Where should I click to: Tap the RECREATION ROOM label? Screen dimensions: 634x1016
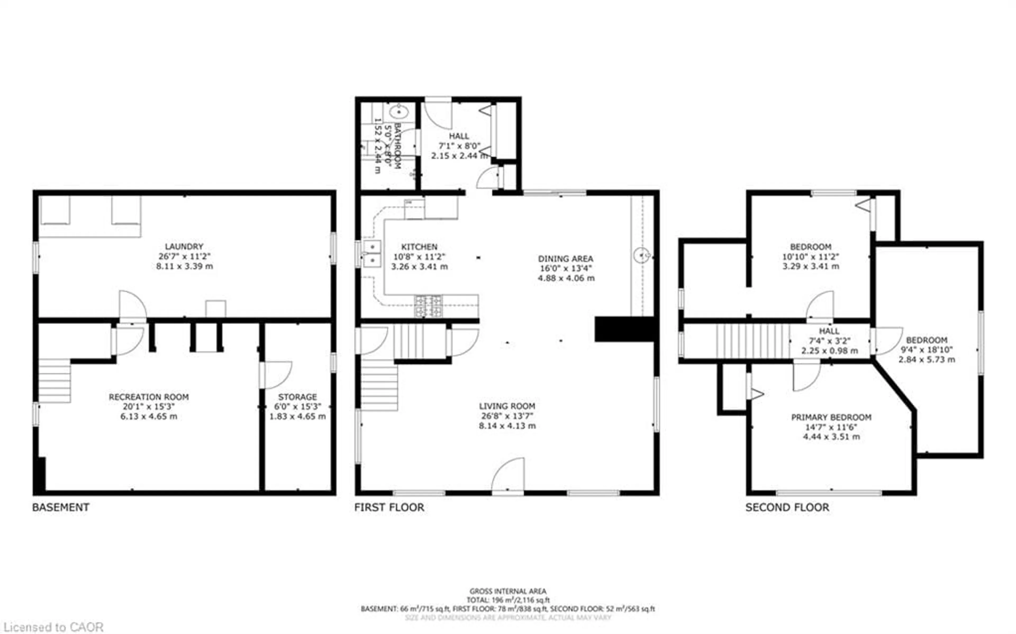(149, 397)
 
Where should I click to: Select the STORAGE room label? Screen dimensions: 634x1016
(297, 397)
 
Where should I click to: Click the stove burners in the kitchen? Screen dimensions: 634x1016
(428, 306)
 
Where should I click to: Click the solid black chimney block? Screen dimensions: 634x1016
(624, 329)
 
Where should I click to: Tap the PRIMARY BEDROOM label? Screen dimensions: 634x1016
(831, 417)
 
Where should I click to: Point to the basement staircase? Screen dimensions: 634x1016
(55, 381)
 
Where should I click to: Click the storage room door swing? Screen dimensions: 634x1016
(277, 374)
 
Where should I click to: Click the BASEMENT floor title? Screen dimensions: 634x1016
(61, 507)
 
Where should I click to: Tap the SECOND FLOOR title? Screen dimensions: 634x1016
(787, 507)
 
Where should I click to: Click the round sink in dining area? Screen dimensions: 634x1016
(641, 255)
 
